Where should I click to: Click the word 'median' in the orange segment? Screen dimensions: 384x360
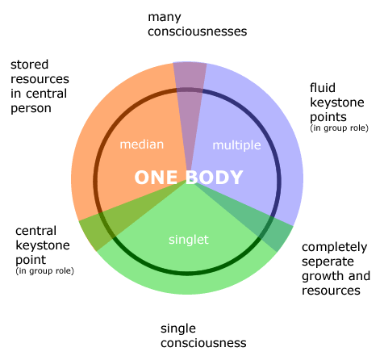(142, 144)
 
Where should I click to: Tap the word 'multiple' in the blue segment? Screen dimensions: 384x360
(236, 145)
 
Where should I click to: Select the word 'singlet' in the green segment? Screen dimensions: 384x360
(189, 240)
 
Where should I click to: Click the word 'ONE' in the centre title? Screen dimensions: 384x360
(156, 178)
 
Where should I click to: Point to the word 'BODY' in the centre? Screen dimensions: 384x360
(215, 178)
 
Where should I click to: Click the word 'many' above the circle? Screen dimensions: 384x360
(165, 18)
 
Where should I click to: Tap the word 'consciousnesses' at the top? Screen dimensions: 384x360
(197, 31)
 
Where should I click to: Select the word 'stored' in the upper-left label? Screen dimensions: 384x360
(30, 65)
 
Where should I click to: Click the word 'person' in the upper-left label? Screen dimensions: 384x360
(31, 109)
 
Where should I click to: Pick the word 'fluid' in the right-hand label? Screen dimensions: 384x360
(323, 88)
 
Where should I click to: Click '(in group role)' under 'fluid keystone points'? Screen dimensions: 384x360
(339, 128)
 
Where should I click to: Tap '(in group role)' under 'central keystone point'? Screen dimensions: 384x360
(44, 271)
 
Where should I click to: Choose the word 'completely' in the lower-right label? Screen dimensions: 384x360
(334, 248)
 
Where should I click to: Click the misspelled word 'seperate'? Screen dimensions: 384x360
(328, 262)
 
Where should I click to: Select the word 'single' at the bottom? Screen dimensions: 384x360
(178, 329)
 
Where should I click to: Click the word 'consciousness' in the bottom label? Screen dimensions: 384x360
(203, 343)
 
